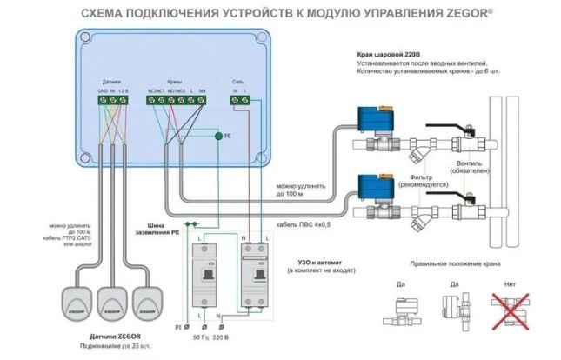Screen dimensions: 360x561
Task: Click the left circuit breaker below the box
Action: coord(205,277)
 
